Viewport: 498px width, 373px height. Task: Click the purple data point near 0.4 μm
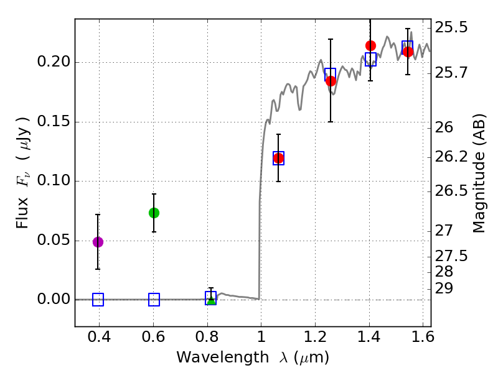tap(98, 242)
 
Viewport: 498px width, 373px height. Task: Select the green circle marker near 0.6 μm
tap(154, 213)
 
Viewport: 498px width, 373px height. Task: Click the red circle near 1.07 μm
tap(278, 158)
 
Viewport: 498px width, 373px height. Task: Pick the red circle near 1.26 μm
tap(331, 81)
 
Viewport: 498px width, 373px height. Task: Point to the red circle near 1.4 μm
tap(370, 45)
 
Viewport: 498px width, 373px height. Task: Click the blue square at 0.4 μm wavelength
tap(98, 300)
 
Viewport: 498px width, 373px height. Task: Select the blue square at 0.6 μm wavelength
tap(154, 300)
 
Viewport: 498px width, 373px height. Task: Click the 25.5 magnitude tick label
tap(451, 28)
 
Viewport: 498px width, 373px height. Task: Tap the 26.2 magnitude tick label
tap(451, 158)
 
